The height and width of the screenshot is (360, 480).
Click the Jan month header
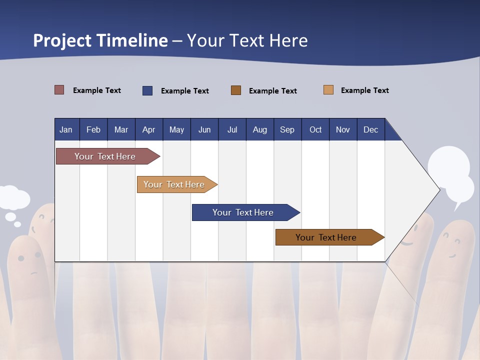pyautogui.click(x=66, y=129)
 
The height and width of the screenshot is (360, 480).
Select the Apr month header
pyautogui.click(x=148, y=129)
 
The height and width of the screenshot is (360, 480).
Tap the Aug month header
pyautogui.click(x=259, y=129)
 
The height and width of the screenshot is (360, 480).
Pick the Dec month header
pyautogui.click(x=370, y=129)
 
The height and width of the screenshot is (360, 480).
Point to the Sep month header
pyautogui.click(x=287, y=129)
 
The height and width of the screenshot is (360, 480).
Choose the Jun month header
pyautogui.click(x=204, y=129)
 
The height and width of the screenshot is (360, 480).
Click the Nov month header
pyautogui.click(x=342, y=129)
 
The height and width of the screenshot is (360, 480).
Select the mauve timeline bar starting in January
pyautogui.click(x=105, y=156)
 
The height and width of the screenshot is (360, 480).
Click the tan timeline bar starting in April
pyautogui.click(x=174, y=184)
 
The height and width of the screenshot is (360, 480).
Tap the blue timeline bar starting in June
pyautogui.click(x=243, y=212)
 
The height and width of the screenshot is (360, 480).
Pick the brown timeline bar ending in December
pyautogui.click(x=326, y=237)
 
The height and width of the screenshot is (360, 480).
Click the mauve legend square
pyautogui.click(x=59, y=90)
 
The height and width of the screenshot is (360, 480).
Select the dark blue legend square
pyautogui.click(x=147, y=90)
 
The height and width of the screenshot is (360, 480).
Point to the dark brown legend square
pyautogui.click(x=236, y=90)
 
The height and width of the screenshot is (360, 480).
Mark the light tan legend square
pyautogui.click(x=328, y=90)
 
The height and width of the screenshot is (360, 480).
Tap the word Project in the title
pyautogui.click(x=62, y=40)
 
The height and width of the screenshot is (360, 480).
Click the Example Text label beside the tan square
pyautogui.click(x=364, y=90)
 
